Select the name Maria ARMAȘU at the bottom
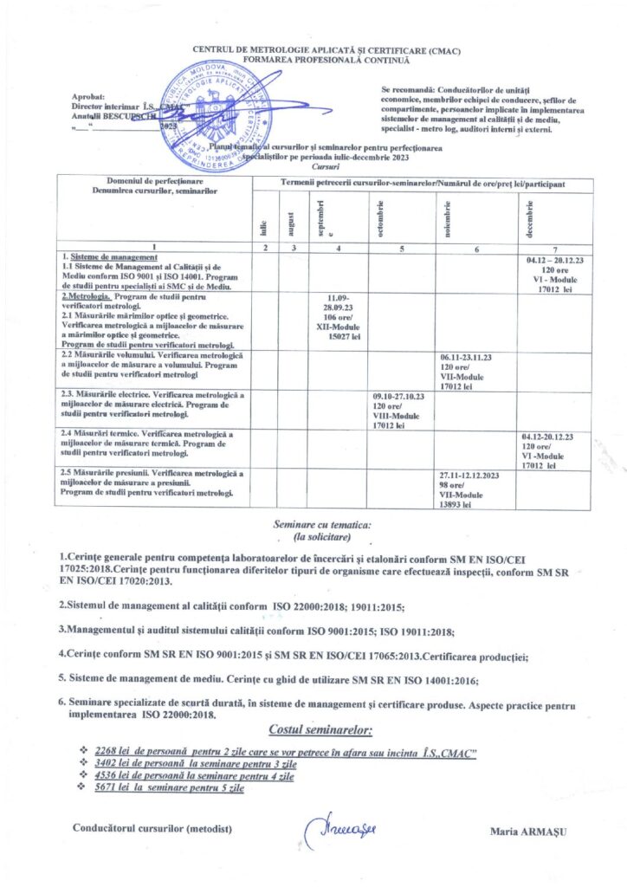tap(527, 832)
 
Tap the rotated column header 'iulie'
tap(263, 228)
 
